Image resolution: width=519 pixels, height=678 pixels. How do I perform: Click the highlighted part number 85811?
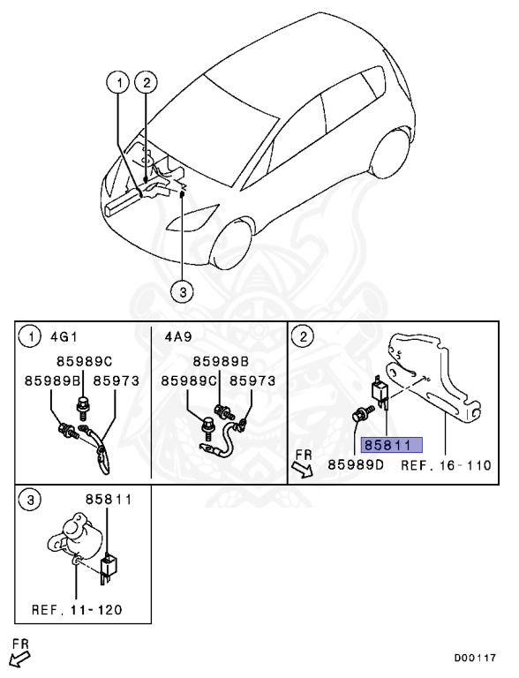click(390, 445)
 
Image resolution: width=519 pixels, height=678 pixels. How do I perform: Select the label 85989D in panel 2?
click(356, 464)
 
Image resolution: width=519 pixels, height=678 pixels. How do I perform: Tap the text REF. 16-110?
click(446, 464)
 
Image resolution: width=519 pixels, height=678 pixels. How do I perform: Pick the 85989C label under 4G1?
click(85, 361)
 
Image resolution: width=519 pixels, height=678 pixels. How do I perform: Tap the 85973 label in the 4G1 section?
click(116, 380)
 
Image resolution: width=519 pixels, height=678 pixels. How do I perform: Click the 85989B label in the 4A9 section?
click(221, 361)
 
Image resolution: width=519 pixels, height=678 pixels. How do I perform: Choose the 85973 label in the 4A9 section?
click(252, 380)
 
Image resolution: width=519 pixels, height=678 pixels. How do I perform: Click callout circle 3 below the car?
click(180, 291)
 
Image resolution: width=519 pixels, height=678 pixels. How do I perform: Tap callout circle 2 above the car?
click(146, 83)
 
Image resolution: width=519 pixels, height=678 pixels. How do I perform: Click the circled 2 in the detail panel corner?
click(303, 335)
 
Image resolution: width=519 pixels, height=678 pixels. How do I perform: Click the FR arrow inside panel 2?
click(303, 463)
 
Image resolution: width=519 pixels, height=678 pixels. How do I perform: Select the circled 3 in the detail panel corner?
click(30, 500)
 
